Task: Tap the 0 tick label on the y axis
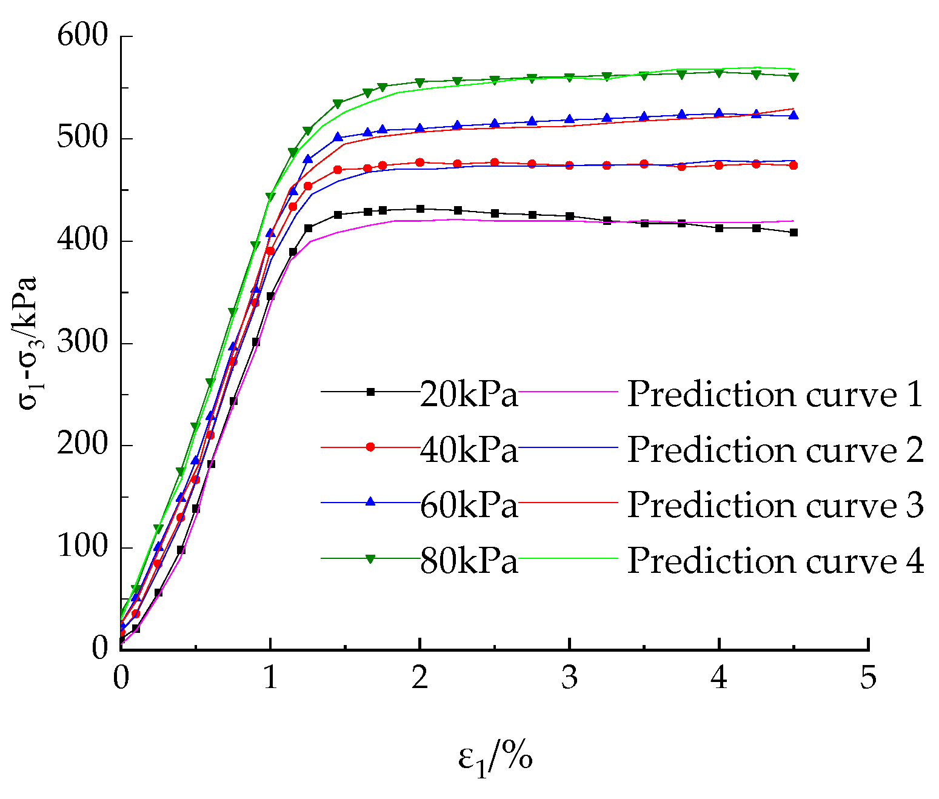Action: (x=99, y=648)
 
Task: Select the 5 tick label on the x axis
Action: (x=868, y=677)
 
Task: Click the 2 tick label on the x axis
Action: (x=419, y=677)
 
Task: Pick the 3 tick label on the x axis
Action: (x=569, y=677)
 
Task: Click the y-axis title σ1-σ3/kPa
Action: (x=28, y=343)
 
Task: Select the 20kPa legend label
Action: (x=469, y=395)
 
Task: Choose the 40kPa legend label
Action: (x=469, y=450)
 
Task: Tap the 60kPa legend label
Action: (x=469, y=505)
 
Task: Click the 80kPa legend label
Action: (x=469, y=561)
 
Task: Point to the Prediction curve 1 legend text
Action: (x=775, y=395)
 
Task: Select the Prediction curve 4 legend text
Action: (x=775, y=561)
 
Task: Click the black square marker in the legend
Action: (x=370, y=392)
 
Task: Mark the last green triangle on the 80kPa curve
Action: (x=793, y=77)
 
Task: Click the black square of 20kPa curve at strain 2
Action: (x=420, y=209)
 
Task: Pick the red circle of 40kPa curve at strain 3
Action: (x=569, y=165)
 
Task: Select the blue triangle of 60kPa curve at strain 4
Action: (x=719, y=113)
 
